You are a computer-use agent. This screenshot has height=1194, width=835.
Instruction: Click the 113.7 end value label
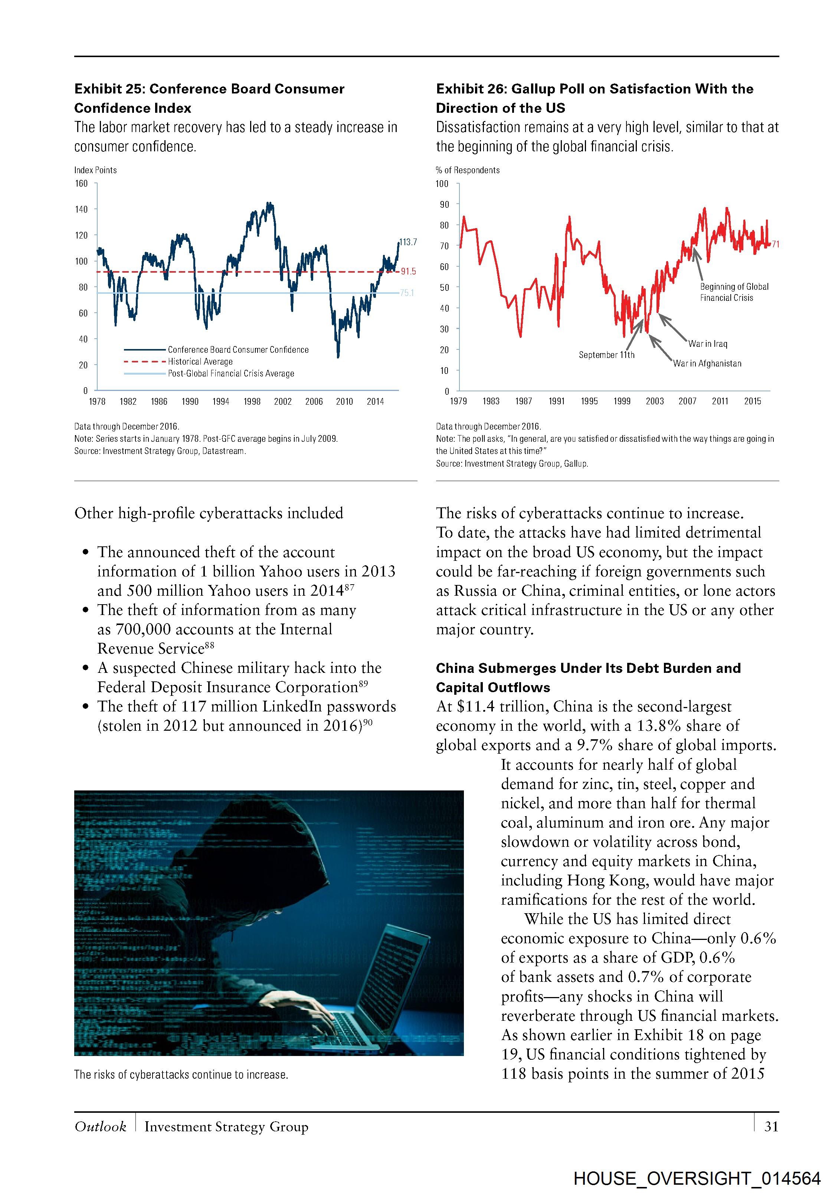[408, 242]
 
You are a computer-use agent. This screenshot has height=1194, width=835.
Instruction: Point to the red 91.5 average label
[408, 272]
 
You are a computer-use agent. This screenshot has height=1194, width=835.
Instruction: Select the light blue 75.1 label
[407, 293]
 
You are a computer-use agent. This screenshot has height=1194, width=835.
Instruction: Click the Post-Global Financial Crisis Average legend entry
[230, 374]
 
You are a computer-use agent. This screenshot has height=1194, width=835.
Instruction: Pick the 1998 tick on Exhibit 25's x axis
[252, 401]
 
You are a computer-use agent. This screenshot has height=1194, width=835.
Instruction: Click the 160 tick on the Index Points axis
[81, 184]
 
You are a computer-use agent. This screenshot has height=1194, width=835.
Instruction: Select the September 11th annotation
[607, 355]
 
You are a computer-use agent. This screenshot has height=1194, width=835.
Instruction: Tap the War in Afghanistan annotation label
[707, 364]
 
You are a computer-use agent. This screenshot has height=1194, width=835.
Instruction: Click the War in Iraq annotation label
[708, 344]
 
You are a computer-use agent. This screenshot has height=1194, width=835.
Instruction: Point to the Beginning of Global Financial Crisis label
[734, 292]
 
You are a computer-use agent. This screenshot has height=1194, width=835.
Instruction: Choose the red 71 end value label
[775, 244]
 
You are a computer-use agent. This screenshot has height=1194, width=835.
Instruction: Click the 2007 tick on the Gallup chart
[687, 401]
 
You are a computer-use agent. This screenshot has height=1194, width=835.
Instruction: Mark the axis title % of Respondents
[467, 170]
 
